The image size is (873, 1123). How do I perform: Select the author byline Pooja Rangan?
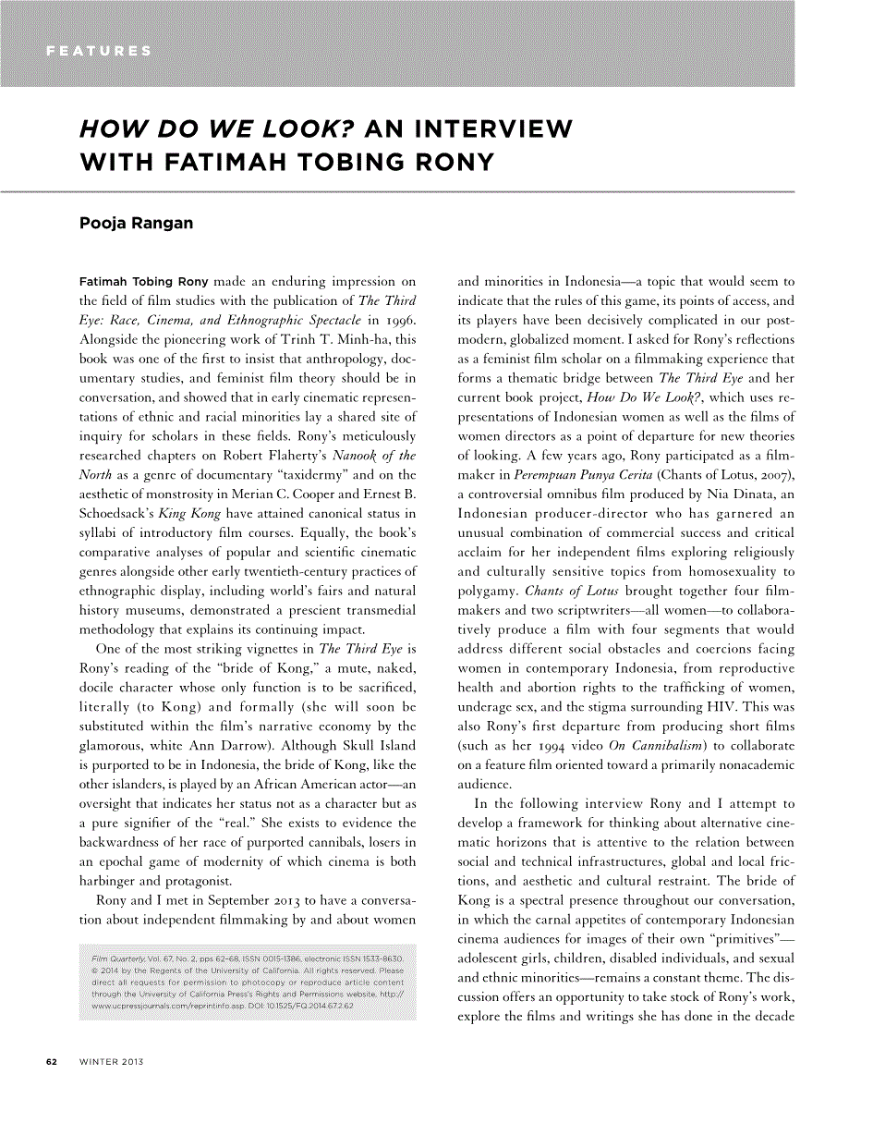tap(137, 224)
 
